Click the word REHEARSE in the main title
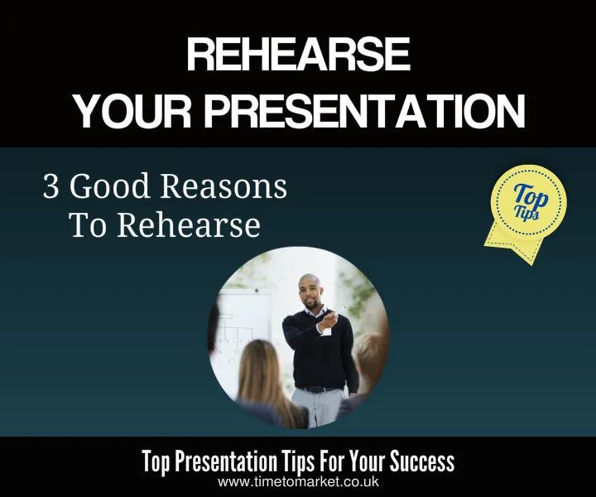[x=298, y=57]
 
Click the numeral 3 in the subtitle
[x=51, y=188]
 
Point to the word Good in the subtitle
[x=108, y=188]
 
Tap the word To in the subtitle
[x=86, y=224]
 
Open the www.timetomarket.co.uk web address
[x=298, y=481]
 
